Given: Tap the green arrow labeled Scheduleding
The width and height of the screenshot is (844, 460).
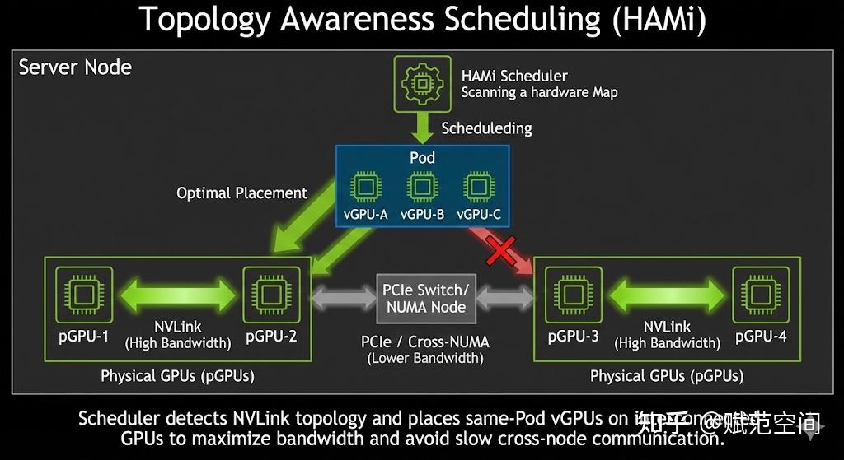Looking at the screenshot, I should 424,128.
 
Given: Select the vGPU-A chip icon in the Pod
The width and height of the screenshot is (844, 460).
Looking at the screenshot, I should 365,187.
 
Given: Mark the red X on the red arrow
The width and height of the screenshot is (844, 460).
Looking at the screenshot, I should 501,250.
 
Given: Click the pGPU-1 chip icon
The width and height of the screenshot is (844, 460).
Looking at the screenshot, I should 84,294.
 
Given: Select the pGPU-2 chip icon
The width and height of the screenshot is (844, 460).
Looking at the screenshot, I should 271,294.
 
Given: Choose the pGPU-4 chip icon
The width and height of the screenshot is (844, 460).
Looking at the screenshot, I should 761,294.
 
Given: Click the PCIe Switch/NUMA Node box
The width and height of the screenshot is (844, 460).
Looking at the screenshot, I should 425,298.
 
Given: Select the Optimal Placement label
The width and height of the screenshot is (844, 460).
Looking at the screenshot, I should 241,193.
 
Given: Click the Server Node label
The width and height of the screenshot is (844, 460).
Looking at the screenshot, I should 75,67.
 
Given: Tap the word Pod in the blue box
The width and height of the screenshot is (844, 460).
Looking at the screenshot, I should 422,157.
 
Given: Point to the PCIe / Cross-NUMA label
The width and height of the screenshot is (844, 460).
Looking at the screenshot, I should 425,342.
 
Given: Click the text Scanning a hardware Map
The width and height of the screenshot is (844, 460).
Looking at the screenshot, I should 539,93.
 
